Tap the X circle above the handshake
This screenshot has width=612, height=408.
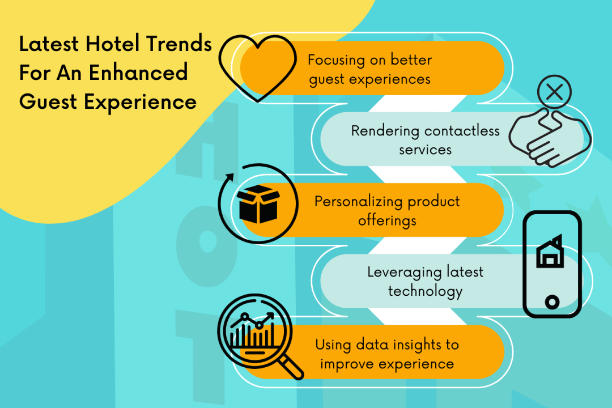tap(554, 92)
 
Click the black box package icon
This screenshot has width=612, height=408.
tap(259, 205)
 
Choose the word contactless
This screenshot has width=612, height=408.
tap(462, 131)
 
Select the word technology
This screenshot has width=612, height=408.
tap(425, 291)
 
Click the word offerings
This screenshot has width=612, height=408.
tap(387, 220)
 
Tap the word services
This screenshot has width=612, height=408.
tap(425, 150)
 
